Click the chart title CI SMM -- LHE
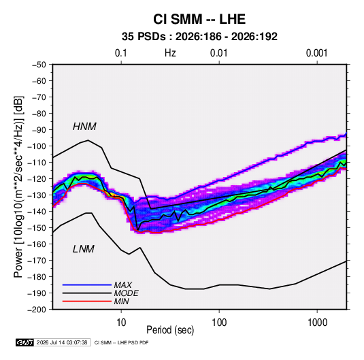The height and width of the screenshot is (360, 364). click(x=199, y=19)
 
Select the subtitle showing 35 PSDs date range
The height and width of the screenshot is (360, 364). click(x=199, y=37)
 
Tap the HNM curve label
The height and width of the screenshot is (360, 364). click(x=84, y=127)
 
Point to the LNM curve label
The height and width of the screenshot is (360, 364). click(x=84, y=249)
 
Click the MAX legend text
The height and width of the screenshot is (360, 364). click(x=123, y=284)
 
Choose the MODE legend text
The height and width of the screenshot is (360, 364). click(x=127, y=293)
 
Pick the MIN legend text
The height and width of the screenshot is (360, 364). click(x=121, y=301)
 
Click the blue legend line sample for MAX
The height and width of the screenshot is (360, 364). click(x=87, y=284)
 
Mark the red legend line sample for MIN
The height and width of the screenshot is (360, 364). click(x=87, y=301)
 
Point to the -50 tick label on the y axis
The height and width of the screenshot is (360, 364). click(x=39, y=65)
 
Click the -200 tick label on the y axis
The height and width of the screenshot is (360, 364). click(x=37, y=310)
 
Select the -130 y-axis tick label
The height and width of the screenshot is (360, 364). click(x=37, y=195)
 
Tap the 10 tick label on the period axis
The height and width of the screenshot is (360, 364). click(x=121, y=323)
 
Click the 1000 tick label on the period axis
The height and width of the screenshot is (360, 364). click(x=317, y=323)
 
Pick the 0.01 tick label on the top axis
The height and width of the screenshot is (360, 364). click(x=218, y=53)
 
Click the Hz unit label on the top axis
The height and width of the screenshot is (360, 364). click(x=170, y=53)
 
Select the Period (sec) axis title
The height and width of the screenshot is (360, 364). click(x=170, y=330)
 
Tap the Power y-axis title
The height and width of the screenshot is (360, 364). click(x=18, y=186)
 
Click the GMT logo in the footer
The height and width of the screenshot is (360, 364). click(x=25, y=342)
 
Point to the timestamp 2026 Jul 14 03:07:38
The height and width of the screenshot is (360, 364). click(x=62, y=342)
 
